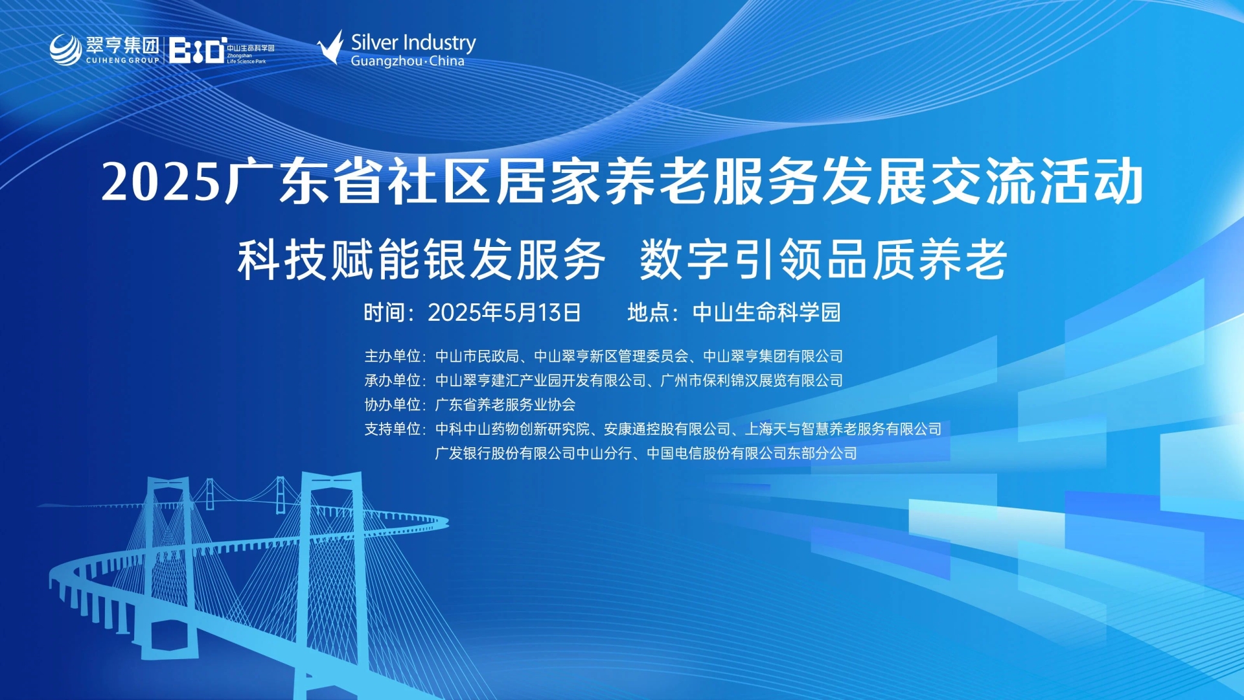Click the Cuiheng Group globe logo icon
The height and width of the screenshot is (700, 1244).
tap(66, 49)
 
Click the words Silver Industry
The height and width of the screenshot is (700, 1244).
tap(413, 42)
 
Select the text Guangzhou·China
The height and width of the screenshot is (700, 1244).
tap(408, 61)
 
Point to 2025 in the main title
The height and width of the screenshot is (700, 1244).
tap(161, 182)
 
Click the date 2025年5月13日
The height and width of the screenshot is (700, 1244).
tap(504, 312)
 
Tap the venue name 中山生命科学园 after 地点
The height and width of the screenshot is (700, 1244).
tap(766, 312)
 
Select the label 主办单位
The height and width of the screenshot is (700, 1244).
tap(392, 356)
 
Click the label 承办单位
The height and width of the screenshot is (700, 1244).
tap(392, 380)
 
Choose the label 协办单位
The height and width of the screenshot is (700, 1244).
tap(392, 404)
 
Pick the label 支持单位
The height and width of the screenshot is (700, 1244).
tap(392, 428)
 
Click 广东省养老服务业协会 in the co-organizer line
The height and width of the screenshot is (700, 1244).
tap(505, 404)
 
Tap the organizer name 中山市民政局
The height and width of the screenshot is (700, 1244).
tap(477, 356)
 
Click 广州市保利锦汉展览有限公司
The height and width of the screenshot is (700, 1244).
tap(752, 380)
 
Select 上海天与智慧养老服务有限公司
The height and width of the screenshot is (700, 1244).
tap(844, 428)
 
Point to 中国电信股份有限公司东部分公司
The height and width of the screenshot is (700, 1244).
tap(752, 453)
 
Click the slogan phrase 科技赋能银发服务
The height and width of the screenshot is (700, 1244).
tap(421, 260)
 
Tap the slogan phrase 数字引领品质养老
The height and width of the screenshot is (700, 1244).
tap(823, 260)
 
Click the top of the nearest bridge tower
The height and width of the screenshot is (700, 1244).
tap(332, 476)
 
